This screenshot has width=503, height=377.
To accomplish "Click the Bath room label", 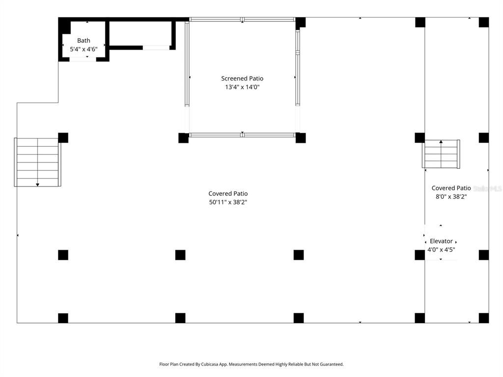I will [x=84, y=40].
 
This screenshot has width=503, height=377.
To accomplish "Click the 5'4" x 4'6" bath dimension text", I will [x=84, y=49].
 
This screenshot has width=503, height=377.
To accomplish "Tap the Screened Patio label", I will [x=242, y=79].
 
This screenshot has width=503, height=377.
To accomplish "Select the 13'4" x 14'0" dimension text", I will [x=242, y=87].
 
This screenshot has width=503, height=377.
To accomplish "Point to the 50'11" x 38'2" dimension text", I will [x=228, y=202].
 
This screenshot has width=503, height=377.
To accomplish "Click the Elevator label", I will [x=441, y=241].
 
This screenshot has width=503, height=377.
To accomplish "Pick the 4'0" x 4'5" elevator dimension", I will [x=441, y=250].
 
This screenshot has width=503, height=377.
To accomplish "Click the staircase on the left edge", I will [x=37, y=162].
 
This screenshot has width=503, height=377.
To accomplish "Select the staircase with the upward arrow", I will [x=441, y=154].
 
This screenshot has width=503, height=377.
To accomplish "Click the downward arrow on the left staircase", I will [x=38, y=184].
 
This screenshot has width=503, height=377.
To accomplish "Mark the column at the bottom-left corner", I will [x=63, y=318].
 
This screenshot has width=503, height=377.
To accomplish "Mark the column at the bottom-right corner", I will [x=484, y=318].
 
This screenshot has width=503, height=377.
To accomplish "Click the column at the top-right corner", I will [x=484, y=22].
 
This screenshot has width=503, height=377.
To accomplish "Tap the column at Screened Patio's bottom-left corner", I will [x=183, y=138].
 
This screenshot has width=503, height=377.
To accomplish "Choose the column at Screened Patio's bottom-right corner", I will [x=301, y=138].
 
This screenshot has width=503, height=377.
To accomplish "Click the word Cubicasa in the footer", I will [x=223, y=364].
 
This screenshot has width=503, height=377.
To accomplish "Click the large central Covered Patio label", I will [x=228, y=193].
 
